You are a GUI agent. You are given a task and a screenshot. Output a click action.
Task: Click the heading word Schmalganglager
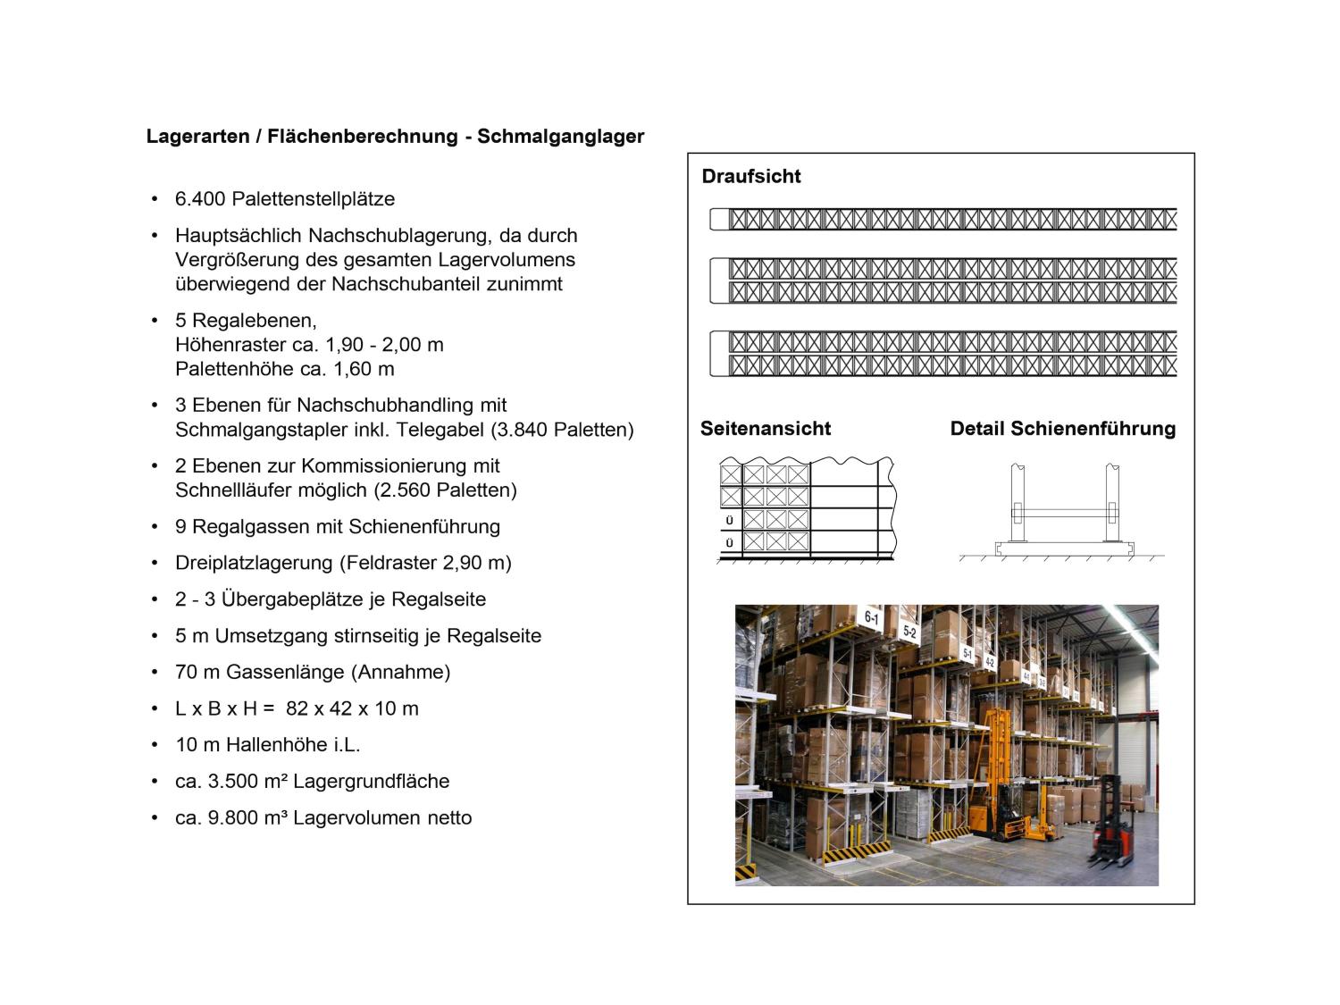[x=560, y=137]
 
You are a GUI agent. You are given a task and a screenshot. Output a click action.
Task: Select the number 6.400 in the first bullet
[x=197, y=199]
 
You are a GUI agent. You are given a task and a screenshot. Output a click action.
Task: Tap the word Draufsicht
[x=751, y=176]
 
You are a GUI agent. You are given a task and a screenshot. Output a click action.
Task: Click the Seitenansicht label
[x=766, y=429]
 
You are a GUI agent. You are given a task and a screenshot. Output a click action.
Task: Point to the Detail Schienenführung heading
[x=1063, y=429]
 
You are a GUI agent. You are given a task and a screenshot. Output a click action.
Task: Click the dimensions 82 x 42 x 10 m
[x=352, y=708]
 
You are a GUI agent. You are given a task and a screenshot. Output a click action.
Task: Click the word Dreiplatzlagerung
[x=253, y=563]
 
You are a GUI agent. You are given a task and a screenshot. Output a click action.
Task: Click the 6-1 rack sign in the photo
[x=871, y=617]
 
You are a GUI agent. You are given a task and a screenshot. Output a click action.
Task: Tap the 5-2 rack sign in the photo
[x=909, y=632]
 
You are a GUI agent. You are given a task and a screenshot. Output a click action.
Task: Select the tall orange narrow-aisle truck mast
[x=997, y=759]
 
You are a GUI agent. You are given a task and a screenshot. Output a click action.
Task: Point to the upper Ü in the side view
[x=730, y=520]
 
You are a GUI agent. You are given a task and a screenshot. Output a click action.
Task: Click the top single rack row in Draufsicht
[x=947, y=219]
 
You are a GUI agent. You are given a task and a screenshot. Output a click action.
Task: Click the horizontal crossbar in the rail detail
[x=1063, y=513]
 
